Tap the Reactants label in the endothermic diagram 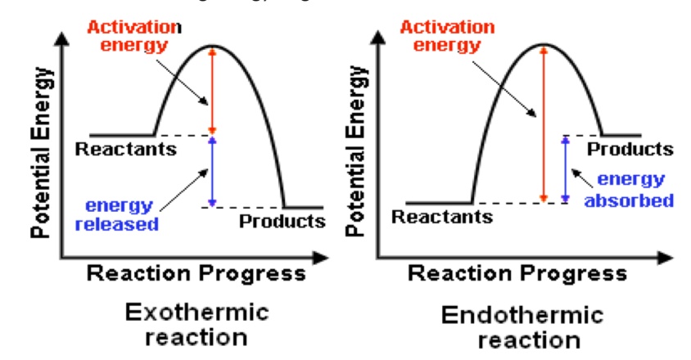pyautogui.click(x=442, y=217)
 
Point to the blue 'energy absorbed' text pyautogui.click(x=635, y=189)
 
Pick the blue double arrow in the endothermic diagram pyautogui.click(x=564, y=169)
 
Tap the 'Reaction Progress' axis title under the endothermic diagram pyautogui.click(x=518, y=272)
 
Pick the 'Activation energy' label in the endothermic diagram pyautogui.click(x=447, y=34)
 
